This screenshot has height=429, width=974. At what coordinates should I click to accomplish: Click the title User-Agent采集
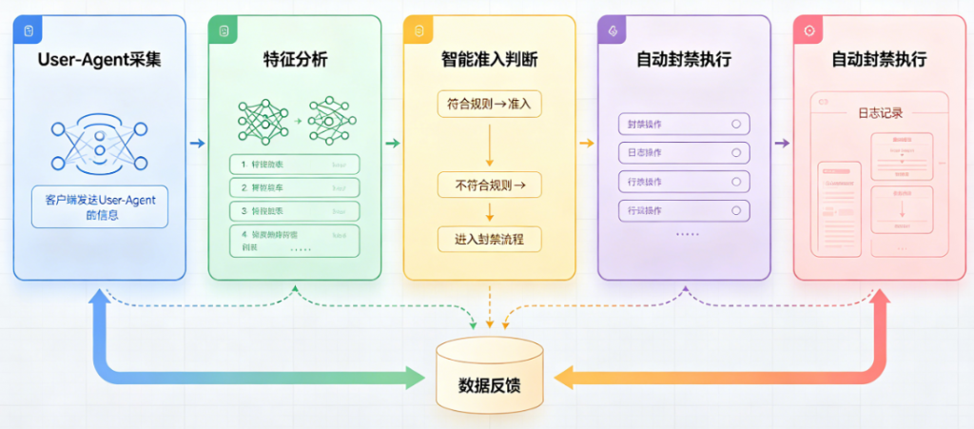pyautogui.click(x=99, y=60)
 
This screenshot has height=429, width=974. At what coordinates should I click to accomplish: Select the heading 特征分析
pyautogui.click(x=294, y=60)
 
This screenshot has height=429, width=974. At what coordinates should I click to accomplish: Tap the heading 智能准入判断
pyautogui.click(x=489, y=60)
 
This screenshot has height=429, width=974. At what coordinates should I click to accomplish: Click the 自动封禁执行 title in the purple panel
pyautogui.click(x=684, y=60)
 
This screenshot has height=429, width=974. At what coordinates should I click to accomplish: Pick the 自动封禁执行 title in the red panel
pyautogui.click(x=879, y=60)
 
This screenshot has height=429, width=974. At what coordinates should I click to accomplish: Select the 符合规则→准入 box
pyautogui.click(x=489, y=103)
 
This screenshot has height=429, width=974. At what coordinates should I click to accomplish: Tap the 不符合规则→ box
pyautogui.click(x=489, y=183)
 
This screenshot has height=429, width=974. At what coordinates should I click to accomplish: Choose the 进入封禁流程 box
pyautogui.click(x=489, y=239)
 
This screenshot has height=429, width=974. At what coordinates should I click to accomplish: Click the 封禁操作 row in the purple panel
pyautogui.click(x=684, y=125)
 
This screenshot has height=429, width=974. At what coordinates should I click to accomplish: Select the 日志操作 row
pyautogui.click(x=684, y=153)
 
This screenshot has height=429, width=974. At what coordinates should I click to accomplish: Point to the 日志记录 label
pyautogui.click(x=879, y=112)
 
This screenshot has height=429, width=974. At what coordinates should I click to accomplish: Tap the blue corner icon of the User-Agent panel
pyautogui.click(x=28, y=30)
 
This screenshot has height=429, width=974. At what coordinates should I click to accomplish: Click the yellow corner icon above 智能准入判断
pyautogui.click(x=417, y=30)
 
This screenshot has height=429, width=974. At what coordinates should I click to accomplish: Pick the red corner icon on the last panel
pyautogui.click(x=808, y=30)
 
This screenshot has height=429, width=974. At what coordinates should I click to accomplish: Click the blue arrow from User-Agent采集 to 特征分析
pyautogui.click(x=197, y=144)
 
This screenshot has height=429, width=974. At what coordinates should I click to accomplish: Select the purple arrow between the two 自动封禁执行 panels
pyautogui.click(x=782, y=144)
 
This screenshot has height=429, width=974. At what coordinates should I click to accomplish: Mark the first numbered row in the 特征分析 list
pyautogui.click(x=294, y=165)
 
